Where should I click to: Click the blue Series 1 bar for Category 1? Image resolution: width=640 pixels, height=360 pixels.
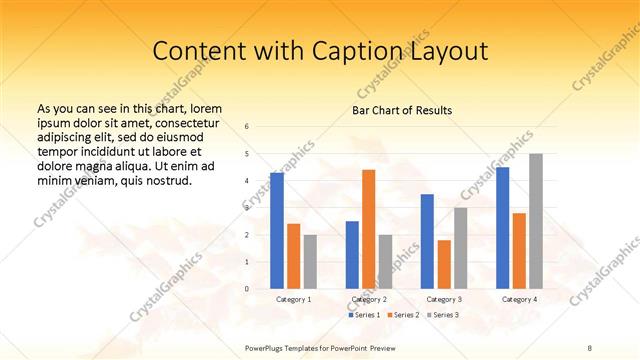276,230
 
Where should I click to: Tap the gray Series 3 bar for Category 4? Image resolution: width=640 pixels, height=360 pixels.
535,221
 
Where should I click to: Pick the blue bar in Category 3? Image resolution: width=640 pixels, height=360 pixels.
427,241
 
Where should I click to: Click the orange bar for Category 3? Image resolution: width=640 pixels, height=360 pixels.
444,264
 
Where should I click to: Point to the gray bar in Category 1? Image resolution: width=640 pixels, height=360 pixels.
310,261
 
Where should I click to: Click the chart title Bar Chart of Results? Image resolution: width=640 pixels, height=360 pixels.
402,110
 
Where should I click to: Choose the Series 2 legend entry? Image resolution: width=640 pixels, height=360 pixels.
402,315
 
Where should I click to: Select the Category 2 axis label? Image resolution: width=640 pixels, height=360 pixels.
368,299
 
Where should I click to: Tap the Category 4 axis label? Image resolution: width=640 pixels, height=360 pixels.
518,299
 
